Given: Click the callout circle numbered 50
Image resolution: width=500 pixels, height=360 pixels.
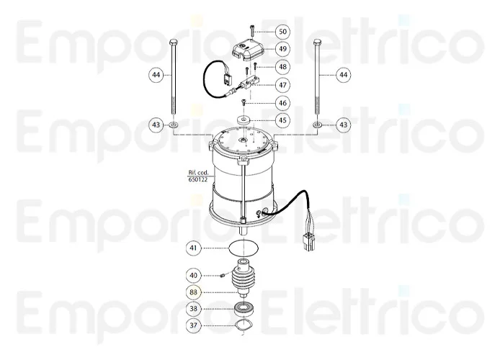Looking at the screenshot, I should click(282, 31).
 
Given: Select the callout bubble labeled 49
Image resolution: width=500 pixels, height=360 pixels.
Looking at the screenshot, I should click(282, 49).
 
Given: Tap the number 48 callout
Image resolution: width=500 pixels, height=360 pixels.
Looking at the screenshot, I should click(282, 67).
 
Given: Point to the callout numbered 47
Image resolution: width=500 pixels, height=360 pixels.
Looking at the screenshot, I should click(282, 85).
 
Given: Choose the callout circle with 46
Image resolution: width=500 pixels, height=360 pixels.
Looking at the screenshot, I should click(282, 103).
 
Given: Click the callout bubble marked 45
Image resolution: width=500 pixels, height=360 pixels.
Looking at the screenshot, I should click(282, 121).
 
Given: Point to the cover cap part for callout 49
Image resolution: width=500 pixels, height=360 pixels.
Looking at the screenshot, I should click(244, 51).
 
